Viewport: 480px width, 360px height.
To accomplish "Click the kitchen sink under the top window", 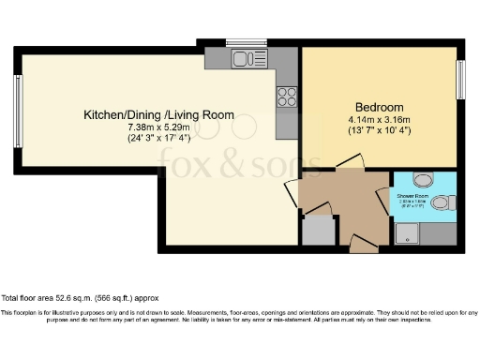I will [x=246, y=60].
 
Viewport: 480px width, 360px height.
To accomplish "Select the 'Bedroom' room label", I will [x=380, y=106].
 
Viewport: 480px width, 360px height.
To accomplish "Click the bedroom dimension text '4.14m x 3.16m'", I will [x=380, y=119].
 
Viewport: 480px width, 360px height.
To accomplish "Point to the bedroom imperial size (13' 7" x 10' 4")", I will [x=380, y=130].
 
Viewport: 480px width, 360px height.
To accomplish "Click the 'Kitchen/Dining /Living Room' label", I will [x=158, y=114].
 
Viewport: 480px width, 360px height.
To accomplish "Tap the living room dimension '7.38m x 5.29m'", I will [x=158, y=127].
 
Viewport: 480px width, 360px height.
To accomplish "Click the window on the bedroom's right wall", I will [x=459, y=80].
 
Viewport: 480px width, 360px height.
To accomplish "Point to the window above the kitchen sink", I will [x=240, y=42].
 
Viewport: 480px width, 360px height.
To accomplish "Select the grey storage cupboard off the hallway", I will [x=318, y=230].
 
